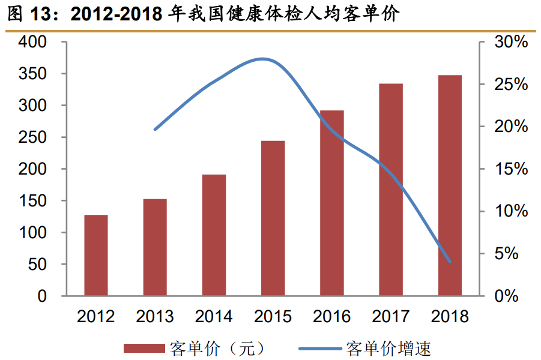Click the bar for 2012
(x=96, y=255)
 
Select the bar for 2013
(x=155, y=247)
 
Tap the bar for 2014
(x=214, y=235)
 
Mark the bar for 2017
(x=391, y=190)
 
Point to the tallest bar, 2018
(x=450, y=185)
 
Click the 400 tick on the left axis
(x=32, y=43)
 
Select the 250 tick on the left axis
(x=32, y=138)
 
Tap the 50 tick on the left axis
(x=37, y=265)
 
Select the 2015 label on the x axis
(x=273, y=316)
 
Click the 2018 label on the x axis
(x=450, y=316)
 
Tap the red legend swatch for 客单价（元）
(x=144, y=348)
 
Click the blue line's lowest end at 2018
(x=450, y=262)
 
